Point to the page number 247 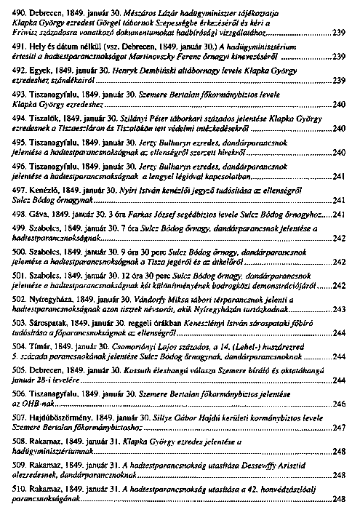click(x=338, y=428)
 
